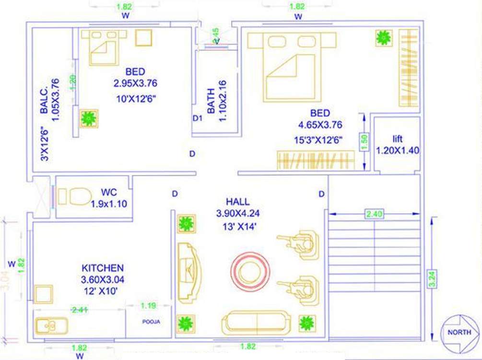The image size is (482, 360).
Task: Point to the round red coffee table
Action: coord(250,271)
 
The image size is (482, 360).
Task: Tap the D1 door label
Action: coord(197,118)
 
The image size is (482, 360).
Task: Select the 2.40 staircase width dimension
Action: coord(374,214)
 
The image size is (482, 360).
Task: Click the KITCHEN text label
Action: coord(103,268)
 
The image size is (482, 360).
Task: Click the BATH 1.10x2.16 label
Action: coord(216,101)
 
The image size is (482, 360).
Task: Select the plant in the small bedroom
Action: coord(88,118)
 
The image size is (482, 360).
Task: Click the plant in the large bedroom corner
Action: coord(383,38)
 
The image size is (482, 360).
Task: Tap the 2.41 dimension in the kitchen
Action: coord(79,310)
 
